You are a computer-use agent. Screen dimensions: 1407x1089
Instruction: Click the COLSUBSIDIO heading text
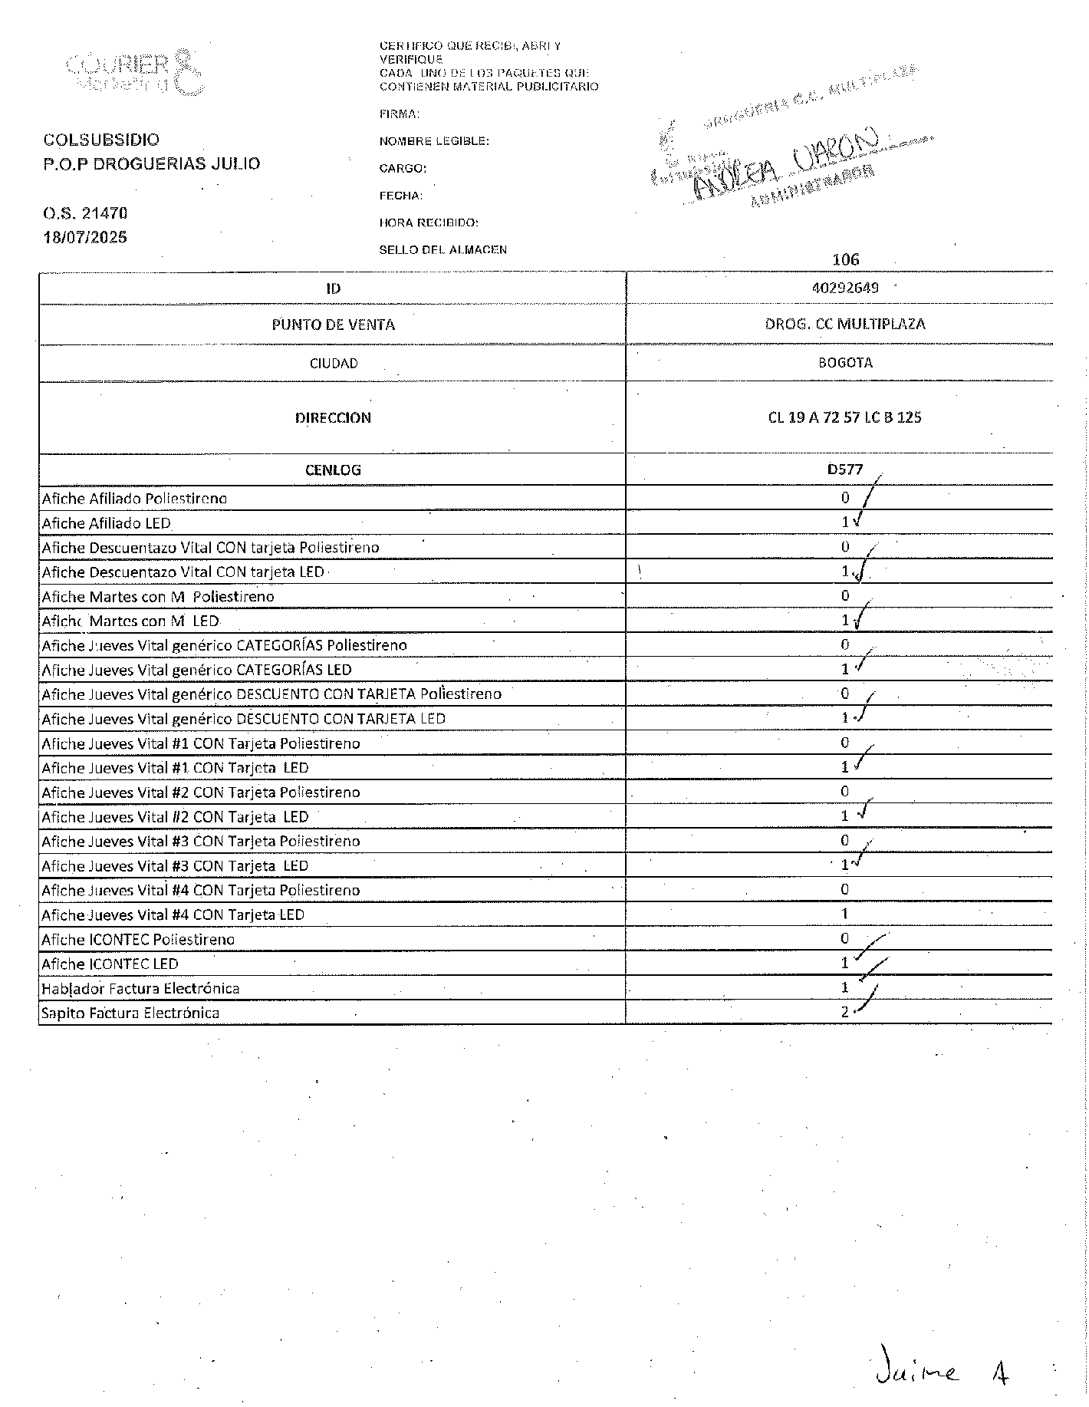coord(101,140)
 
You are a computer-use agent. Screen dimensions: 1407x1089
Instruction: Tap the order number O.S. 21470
coord(84,213)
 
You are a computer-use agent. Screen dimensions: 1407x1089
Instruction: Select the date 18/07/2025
coord(84,237)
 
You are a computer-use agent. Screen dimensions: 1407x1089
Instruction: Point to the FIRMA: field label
coord(399,114)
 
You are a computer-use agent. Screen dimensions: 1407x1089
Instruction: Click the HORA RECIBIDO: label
coord(429,222)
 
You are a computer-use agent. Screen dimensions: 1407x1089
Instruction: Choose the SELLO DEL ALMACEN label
coord(443,249)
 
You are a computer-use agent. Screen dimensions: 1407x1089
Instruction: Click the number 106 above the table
coord(845,259)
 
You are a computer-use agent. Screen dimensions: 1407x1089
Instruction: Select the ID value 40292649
coord(844,288)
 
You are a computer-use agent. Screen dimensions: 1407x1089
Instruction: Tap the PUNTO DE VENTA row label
coord(333,325)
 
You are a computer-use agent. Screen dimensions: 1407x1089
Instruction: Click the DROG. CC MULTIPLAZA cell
coord(844,324)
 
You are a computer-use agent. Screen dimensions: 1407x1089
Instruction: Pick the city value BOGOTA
coord(844,362)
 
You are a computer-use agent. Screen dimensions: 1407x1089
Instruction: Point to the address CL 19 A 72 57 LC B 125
coord(844,417)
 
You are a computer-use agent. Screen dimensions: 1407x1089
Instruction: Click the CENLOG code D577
coord(844,469)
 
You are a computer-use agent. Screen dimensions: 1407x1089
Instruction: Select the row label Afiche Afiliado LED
coord(106,523)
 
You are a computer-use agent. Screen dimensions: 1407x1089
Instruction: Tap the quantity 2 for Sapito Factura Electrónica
coord(844,1012)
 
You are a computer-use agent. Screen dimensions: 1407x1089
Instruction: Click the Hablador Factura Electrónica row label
coord(140,988)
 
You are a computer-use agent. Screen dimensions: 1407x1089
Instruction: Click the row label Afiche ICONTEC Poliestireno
coord(138,939)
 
